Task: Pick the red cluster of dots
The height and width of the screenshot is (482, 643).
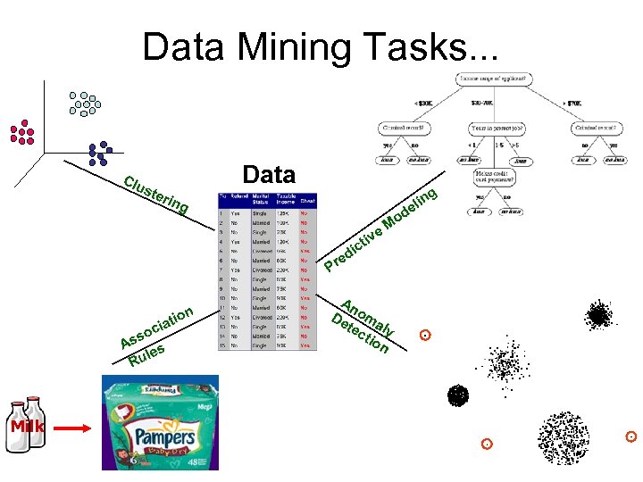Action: pyautogui.click(x=21, y=132)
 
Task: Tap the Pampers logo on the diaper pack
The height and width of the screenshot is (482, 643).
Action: pyautogui.click(x=165, y=440)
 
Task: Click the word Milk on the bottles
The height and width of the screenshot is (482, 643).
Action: pyautogui.click(x=27, y=427)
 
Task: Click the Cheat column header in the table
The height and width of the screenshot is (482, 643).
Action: pyautogui.click(x=308, y=201)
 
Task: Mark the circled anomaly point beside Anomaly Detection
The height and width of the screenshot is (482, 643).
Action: pyautogui.click(x=426, y=336)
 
